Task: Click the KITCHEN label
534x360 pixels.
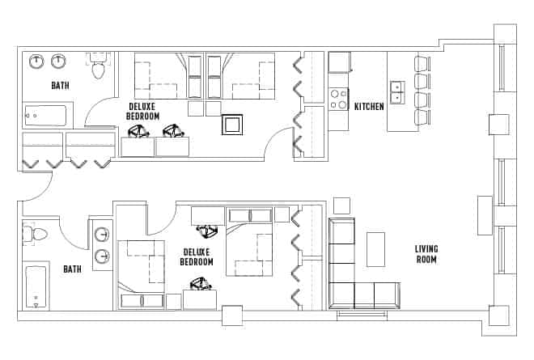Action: pyautogui.click(x=369, y=106)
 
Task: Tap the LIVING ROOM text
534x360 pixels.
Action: pyautogui.click(x=426, y=254)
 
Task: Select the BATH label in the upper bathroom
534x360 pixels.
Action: pyautogui.click(x=60, y=86)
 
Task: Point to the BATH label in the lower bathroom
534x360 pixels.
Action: pyautogui.click(x=72, y=269)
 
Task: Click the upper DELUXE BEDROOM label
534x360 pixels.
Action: pyautogui.click(x=142, y=111)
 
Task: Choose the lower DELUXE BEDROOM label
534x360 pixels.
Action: pyautogui.click(x=197, y=256)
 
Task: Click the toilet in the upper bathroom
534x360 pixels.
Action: pyautogui.click(x=99, y=69)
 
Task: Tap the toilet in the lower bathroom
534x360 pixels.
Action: pyautogui.click(x=36, y=235)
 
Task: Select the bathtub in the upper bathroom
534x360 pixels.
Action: pyautogui.click(x=45, y=116)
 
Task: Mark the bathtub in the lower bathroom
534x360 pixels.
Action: pyautogui.click(x=36, y=286)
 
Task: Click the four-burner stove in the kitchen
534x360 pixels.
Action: pyautogui.click(x=339, y=100)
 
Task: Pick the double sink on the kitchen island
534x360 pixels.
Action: pyautogui.click(x=397, y=92)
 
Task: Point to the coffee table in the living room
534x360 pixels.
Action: pyautogui.click(x=376, y=249)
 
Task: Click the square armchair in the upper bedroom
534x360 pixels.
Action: pyautogui.click(x=233, y=125)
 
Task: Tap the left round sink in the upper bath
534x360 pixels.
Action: pyautogui.click(x=37, y=61)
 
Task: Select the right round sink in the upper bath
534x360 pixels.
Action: pyautogui.click(x=59, y=61)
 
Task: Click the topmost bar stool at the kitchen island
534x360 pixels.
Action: pyautogui.click(x=422, y=64)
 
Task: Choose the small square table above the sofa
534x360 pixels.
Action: pyautogui.click(x=341, y=205)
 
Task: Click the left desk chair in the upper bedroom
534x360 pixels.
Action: pyautogui.click(x=138, y=130)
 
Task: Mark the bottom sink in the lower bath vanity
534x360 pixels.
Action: pyautogui.click(x=102, y=256)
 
